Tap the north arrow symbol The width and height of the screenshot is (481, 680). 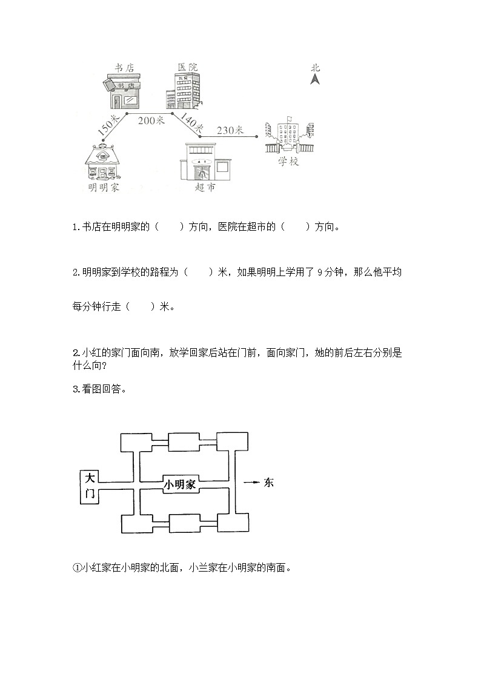tap(315, 79)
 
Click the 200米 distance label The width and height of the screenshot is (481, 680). tap(151, 120)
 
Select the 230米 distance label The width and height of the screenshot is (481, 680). tap(230, 130)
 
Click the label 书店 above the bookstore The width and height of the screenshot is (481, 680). tap(124, 67)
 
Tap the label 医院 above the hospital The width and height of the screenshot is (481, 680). tap(187, 67)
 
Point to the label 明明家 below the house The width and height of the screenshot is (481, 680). tap(103, 188)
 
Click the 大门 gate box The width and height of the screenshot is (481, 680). tap(89, 486)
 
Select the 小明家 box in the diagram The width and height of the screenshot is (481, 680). tap(181, 484)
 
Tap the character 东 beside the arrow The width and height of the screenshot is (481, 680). tap(268, 483)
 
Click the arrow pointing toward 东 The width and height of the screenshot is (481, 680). tap(251, 483)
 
